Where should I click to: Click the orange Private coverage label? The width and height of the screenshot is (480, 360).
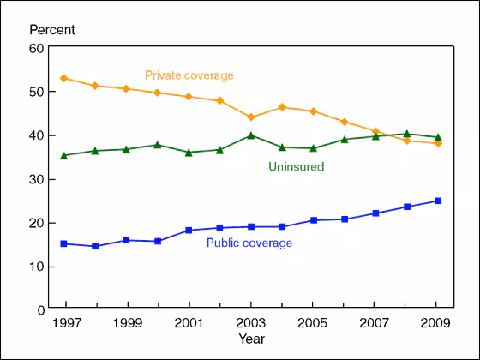pos(189,75)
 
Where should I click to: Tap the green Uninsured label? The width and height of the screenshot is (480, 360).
pos(297,165)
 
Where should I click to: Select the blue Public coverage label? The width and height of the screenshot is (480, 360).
pos(249,243)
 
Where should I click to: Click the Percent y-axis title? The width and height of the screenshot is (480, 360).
pos(52,30)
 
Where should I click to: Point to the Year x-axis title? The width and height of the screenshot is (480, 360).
pos(250,339)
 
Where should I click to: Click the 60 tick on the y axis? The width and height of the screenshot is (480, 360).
pos(38,48)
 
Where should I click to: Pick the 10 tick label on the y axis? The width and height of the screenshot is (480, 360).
pos(38,266)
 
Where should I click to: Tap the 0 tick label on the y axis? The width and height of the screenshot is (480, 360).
pos(41,309)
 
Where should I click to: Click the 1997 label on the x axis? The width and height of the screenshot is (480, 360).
pos(65,325)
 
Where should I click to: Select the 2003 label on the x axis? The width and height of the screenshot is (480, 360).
pos(250,325)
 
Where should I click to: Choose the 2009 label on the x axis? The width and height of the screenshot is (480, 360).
pos(436,325)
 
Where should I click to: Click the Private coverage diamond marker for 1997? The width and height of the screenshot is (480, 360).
pos(64,78)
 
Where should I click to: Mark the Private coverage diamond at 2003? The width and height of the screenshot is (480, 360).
pos(251,117)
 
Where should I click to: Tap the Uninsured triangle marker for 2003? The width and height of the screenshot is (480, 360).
pos(251,135)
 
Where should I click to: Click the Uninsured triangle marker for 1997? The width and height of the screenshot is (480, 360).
pos(64,155)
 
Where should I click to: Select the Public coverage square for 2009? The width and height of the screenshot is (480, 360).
pos(438,201)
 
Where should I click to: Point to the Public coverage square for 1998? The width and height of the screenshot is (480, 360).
pos(95,246)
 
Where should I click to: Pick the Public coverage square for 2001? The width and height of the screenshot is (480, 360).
pos(189,230)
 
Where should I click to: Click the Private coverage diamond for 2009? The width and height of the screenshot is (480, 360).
pos(438,143)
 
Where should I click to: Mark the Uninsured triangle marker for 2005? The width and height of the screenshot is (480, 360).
pos(314,147)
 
